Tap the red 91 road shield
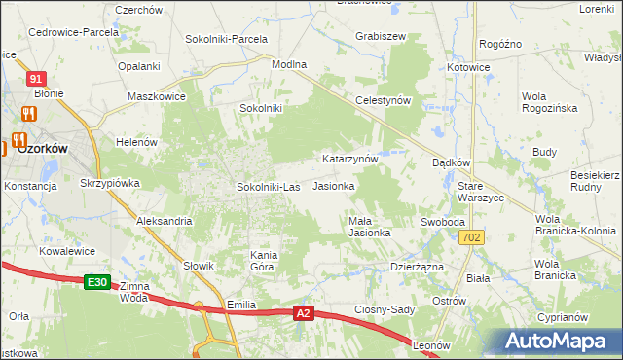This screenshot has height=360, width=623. pyautogui.click(x=36, y=78)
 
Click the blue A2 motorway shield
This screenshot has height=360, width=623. pyautogui.click(x=303, y=313)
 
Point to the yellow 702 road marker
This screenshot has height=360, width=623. pyautogui.click(x=473, y=237)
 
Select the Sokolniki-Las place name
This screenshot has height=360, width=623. pyautogui.click(x=269, y=186)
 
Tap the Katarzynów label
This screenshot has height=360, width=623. pyautogui.click(x=349, y=158)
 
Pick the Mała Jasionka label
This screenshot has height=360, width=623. pyautogui.click(x=370, y=227)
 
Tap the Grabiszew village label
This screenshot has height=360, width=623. pyautogui.click(x=381, y=36)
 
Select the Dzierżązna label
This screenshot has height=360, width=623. pyautogui.click(x=417, y=266)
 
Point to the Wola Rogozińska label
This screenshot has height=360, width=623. pyautogui.click(x=549, y=102)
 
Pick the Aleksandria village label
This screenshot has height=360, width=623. pyautogui.click(x=164, y=222)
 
